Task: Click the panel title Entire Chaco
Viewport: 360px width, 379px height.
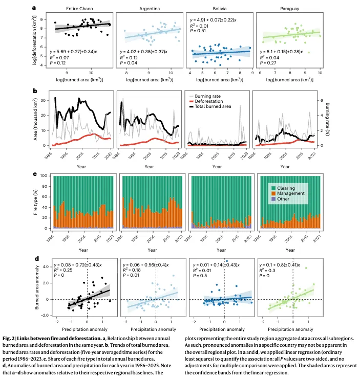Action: pos(76,10)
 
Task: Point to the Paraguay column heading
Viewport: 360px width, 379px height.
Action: pos(288,10)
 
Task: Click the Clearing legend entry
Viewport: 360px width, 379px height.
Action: pos(288,188)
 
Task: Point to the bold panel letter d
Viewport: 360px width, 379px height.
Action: pos(34,259)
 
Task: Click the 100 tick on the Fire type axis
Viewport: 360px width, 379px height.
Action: pos(47,176)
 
